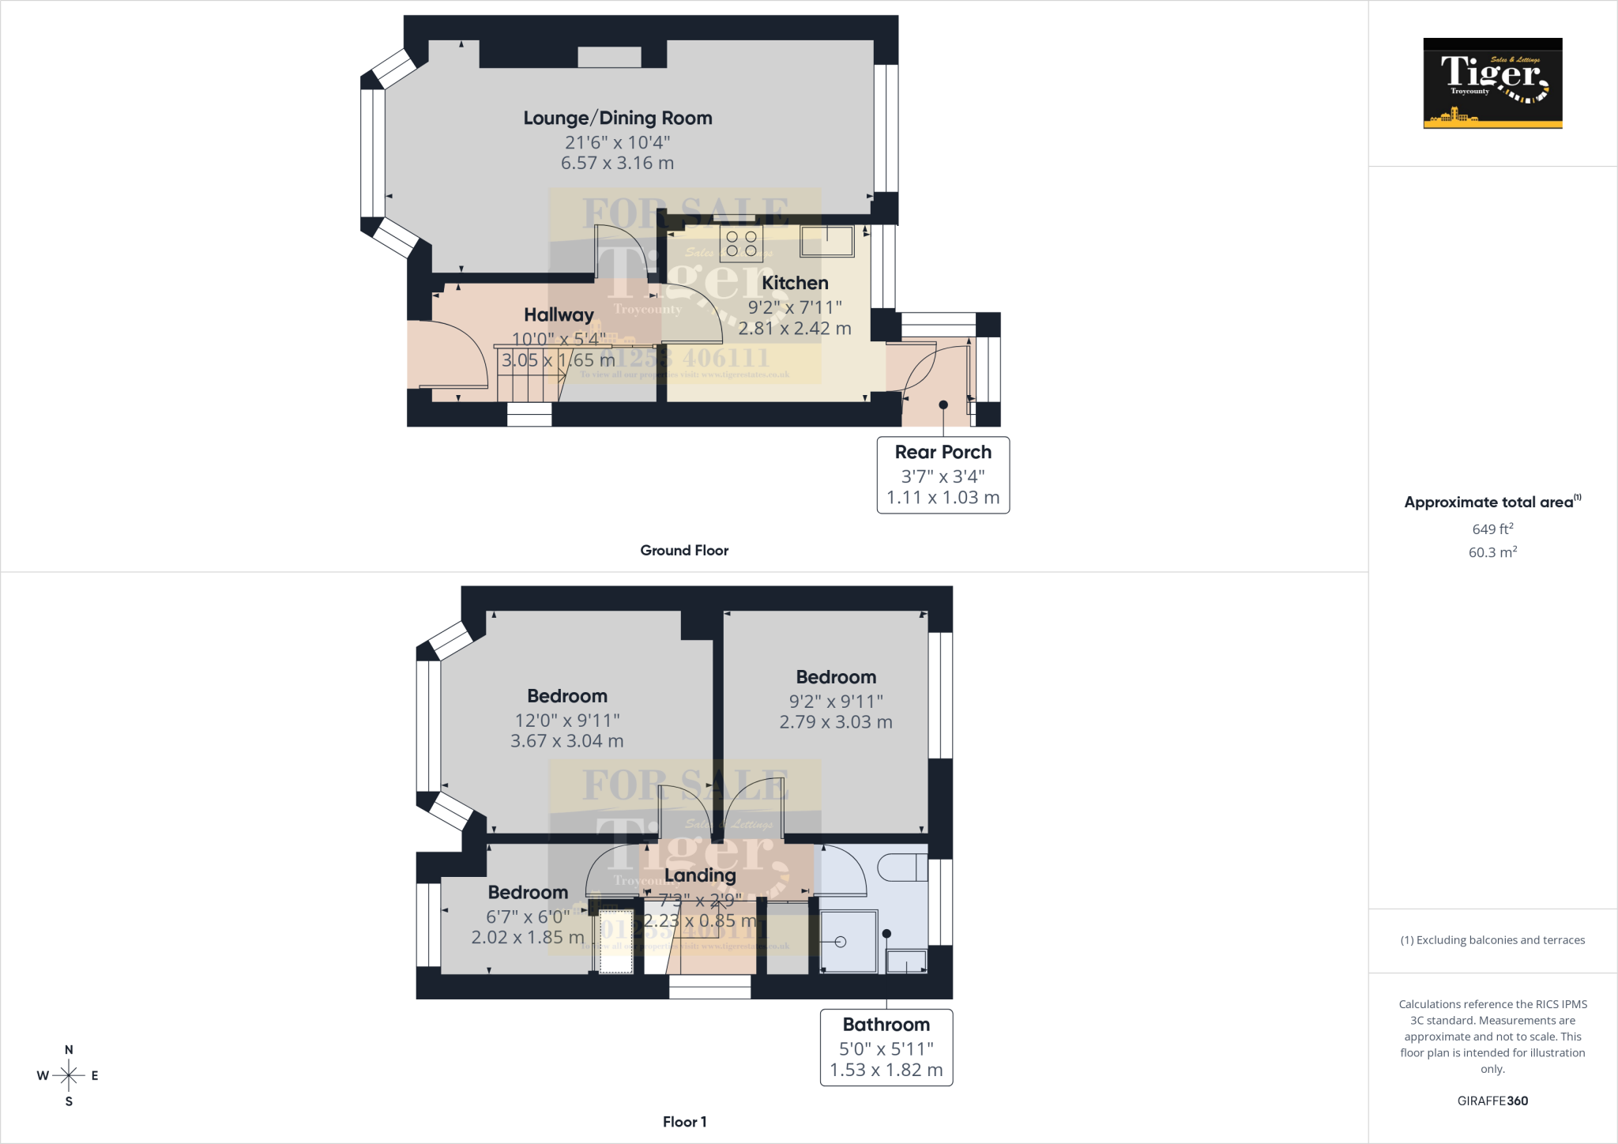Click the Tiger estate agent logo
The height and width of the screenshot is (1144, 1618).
[x=1492, y=83]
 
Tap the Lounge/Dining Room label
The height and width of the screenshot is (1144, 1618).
[x=618, y=119]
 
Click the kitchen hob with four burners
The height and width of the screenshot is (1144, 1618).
[x=741, y=243]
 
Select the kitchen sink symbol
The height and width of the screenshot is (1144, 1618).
[x=827, y=241]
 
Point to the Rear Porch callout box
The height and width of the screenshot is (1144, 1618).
[x=943, y=475]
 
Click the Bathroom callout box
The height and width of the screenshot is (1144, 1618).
[x=886, y=1047]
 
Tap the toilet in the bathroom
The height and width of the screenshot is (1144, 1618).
[x=902, y=867]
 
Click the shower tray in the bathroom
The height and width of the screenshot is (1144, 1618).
[x=849, y=942]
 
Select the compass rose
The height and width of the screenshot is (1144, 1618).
[x=69, y=1075]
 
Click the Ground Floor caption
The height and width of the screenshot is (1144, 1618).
[x=684, y=551]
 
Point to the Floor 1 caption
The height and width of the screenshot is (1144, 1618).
[x=684, y=1122]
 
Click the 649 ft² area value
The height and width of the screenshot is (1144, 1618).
[x=1492, y=529]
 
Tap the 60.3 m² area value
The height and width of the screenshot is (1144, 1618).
[x=1492, y=552]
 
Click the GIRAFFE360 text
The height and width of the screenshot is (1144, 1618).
[x=1492, y=1101]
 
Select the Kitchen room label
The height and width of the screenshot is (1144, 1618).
[x=795, y=283]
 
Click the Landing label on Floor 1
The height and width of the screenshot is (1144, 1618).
[x=700, y=875]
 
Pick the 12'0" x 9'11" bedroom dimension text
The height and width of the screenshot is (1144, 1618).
[x=567, y=721]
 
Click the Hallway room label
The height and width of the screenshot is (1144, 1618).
[x=559, y=315]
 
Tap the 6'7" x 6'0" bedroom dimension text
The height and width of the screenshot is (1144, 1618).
[x=528, y=916]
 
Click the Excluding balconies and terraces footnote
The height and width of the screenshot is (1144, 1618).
[x=1492, y=940]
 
